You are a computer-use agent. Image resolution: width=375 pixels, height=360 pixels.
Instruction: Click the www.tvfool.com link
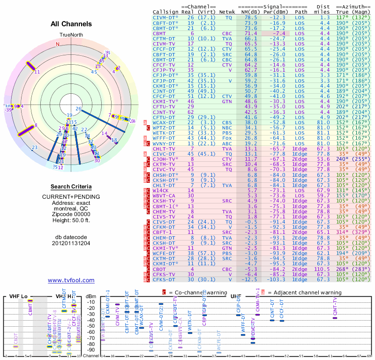coord(71,280)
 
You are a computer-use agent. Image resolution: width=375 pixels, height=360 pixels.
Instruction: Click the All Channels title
coord(71,24)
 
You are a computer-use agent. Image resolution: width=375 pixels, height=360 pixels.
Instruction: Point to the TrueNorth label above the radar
coord(70,35)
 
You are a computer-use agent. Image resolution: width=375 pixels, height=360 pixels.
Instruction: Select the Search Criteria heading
coord(71,187)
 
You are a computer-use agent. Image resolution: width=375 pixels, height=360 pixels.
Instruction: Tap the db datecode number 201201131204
coord(71,243)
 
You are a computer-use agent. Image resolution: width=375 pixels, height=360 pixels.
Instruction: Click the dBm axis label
coord(91,297)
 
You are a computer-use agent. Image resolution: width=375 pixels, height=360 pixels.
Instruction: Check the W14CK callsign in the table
coord(162,190)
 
